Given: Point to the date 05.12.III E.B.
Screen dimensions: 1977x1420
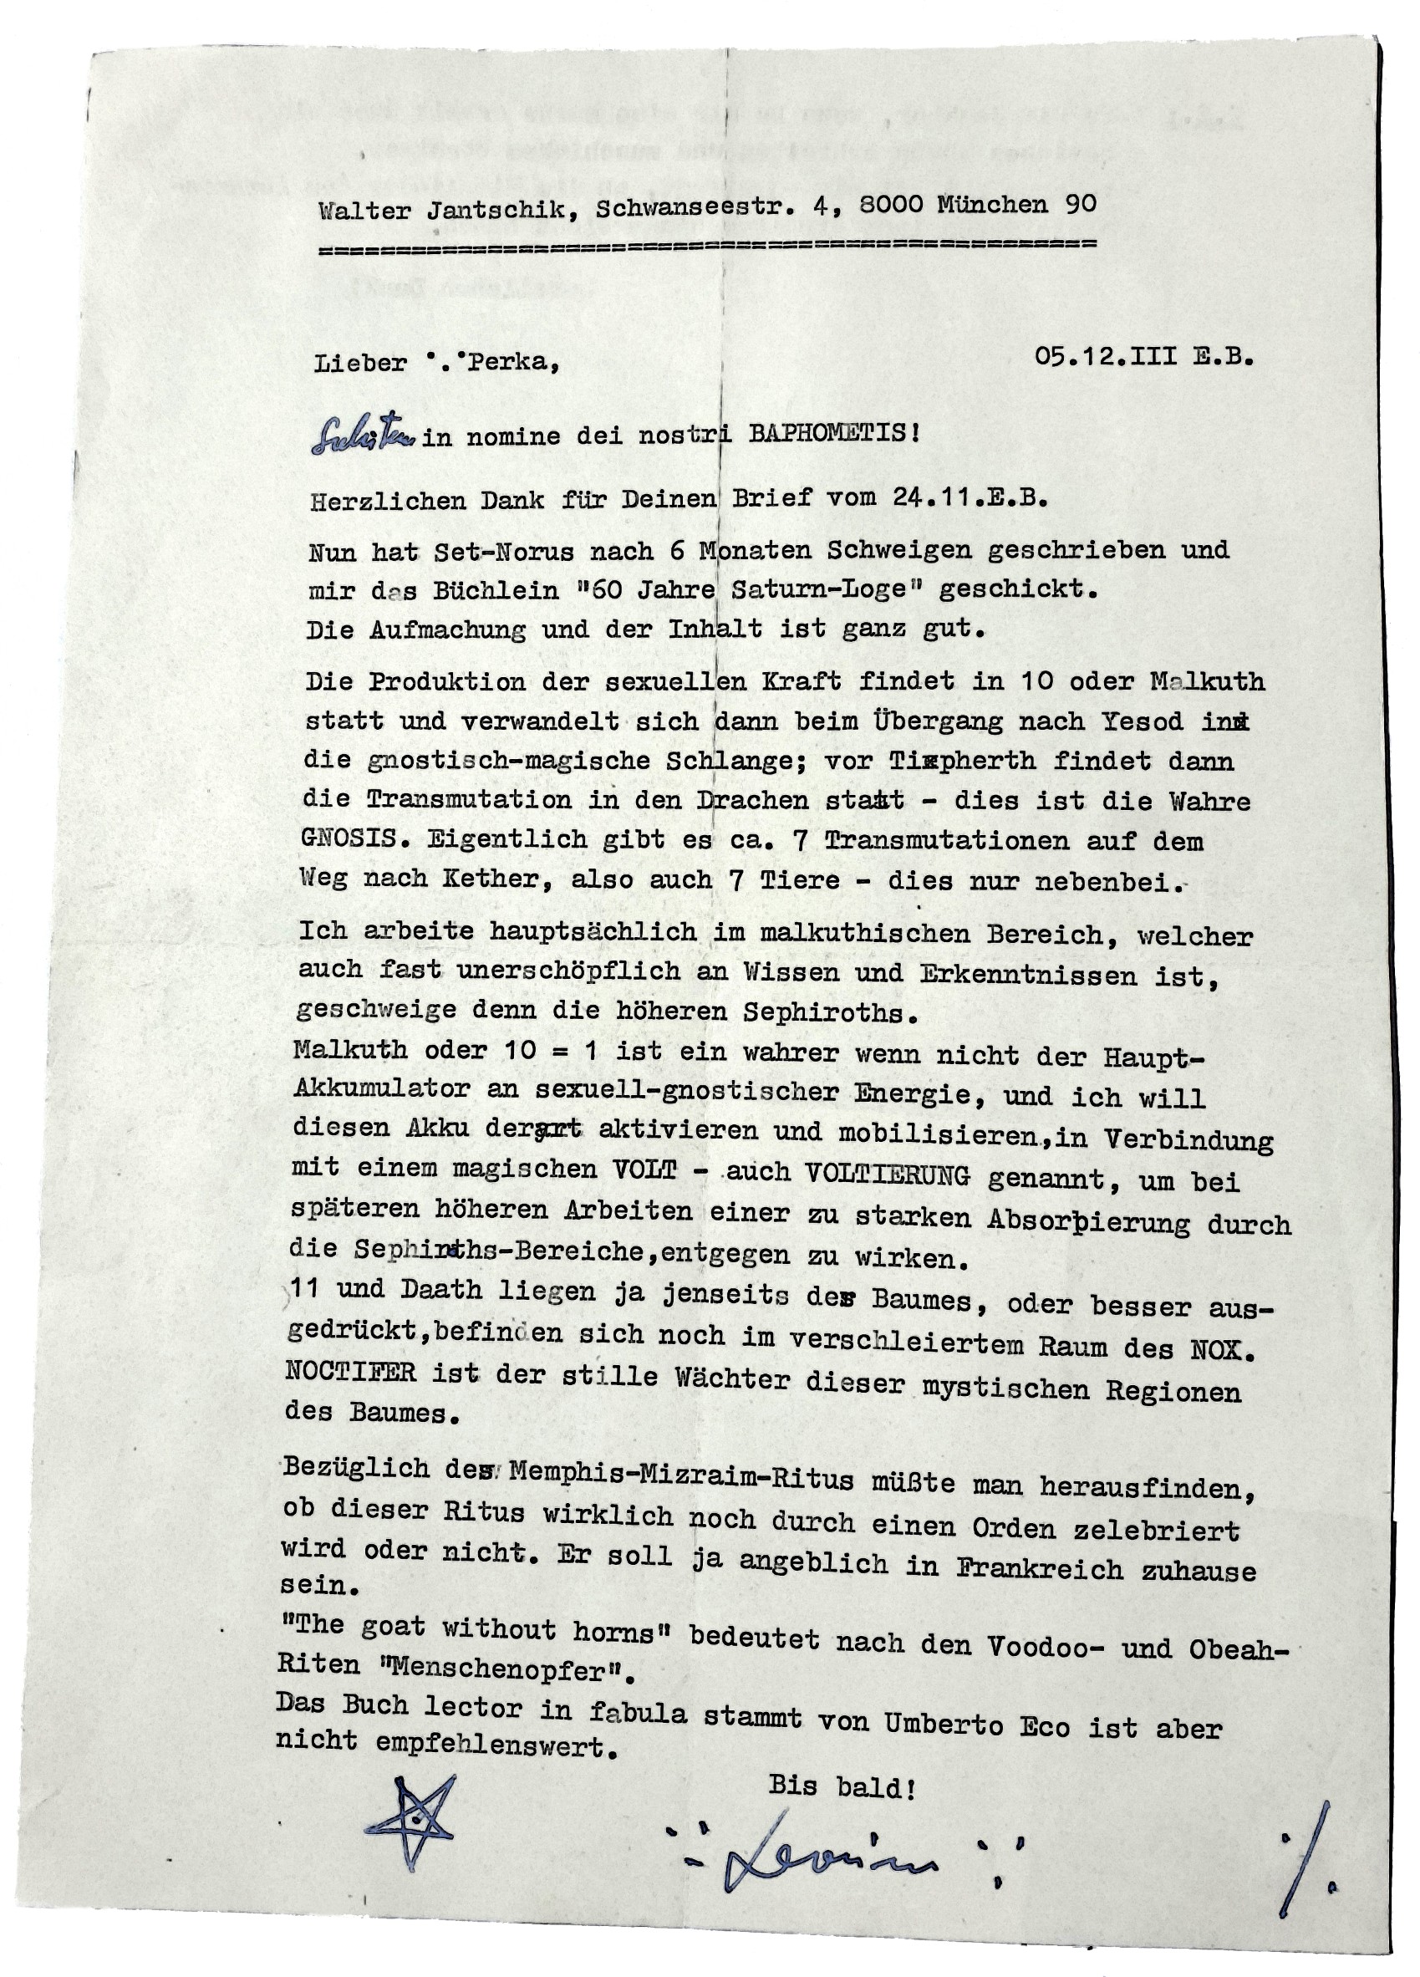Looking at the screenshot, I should click(1143, 356).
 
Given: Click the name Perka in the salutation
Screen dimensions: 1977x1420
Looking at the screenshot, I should click(512, 361).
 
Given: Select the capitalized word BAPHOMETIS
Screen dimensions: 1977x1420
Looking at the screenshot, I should click(824, 433).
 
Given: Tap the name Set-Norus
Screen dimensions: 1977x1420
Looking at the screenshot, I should click(504, 551).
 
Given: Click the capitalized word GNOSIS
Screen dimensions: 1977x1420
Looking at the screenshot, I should click(353, 838).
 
